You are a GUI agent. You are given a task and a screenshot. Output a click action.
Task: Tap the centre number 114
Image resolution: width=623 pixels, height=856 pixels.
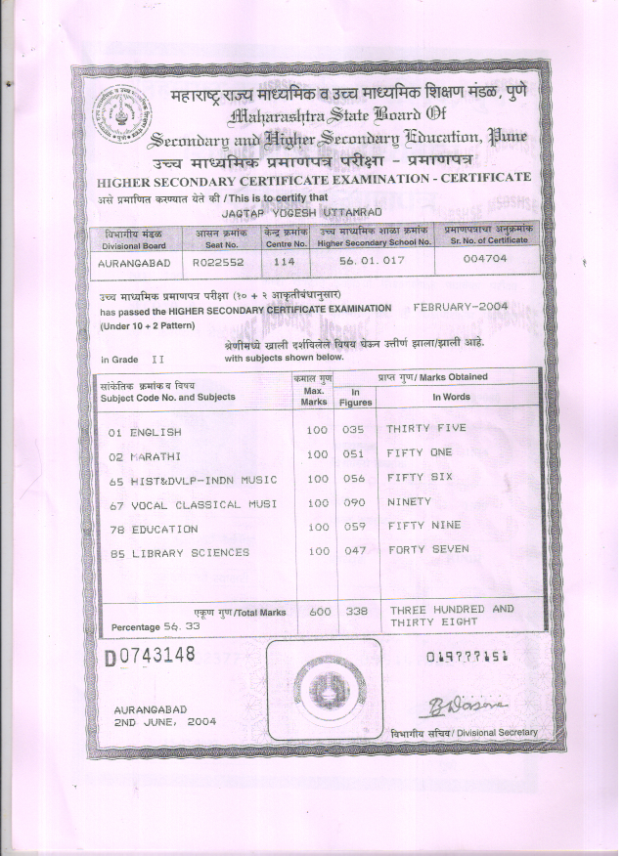coord(285,262)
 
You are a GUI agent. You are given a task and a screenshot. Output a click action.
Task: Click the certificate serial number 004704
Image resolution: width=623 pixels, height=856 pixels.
coord(483,261)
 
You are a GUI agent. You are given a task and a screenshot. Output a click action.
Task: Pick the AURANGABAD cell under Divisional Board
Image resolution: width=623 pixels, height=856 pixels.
coord(135,263)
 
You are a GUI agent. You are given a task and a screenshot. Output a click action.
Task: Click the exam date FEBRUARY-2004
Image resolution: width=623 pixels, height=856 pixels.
coord(461,306)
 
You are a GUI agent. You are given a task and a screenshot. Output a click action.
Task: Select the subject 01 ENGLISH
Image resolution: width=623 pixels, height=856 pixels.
coord(145,431)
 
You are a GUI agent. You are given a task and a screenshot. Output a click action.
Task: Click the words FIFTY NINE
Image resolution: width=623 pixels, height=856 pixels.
coord(423,526)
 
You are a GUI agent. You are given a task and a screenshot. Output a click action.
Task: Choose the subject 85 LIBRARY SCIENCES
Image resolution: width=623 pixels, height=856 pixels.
coord(178,553)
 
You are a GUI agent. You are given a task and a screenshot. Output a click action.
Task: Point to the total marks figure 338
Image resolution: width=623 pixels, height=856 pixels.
coord(357,611)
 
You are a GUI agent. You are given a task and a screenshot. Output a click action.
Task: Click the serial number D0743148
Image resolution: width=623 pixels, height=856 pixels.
coord(150,655)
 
